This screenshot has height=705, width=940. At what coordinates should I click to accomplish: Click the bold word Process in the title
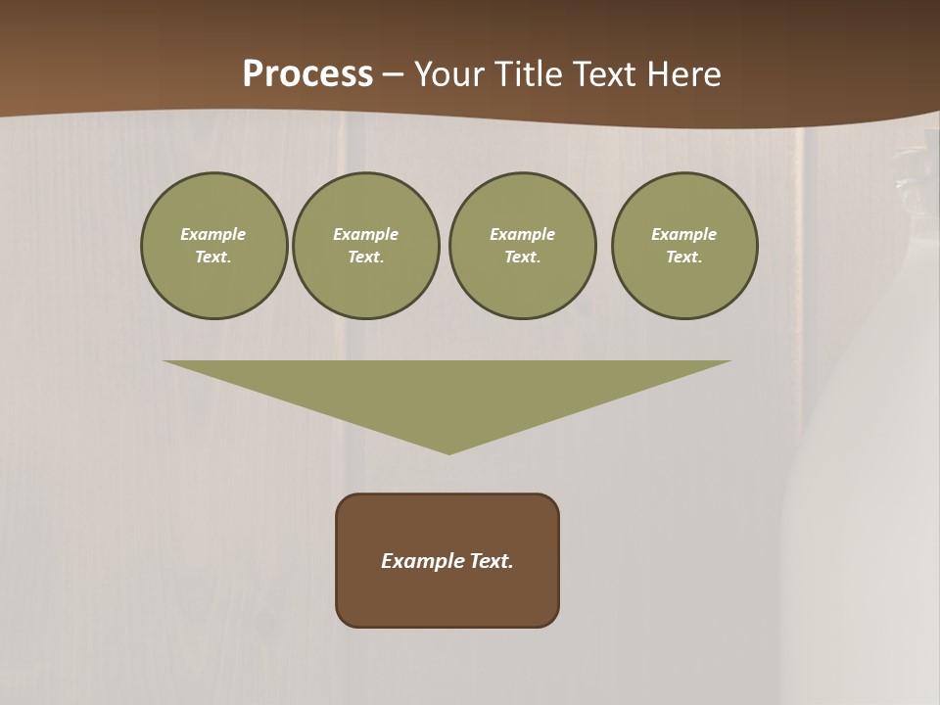pyautogui.click(x=307, y=74)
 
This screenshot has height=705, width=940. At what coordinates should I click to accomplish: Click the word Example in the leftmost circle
pyautogui.click(x=213, y=234)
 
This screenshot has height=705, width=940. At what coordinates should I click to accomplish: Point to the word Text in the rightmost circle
pyautogui.click(x=683, y=257)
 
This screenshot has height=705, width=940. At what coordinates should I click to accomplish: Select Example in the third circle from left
pyautogui.click(x=522, y=234)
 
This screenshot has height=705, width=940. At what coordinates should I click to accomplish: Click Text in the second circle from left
pyautogui.click(x=365, y=257)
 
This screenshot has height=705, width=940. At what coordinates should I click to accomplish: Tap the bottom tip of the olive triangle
pyautogui.click(x=448, y=451)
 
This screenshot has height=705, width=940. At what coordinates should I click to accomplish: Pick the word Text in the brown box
pyautogui.click(x=492, y=561)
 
